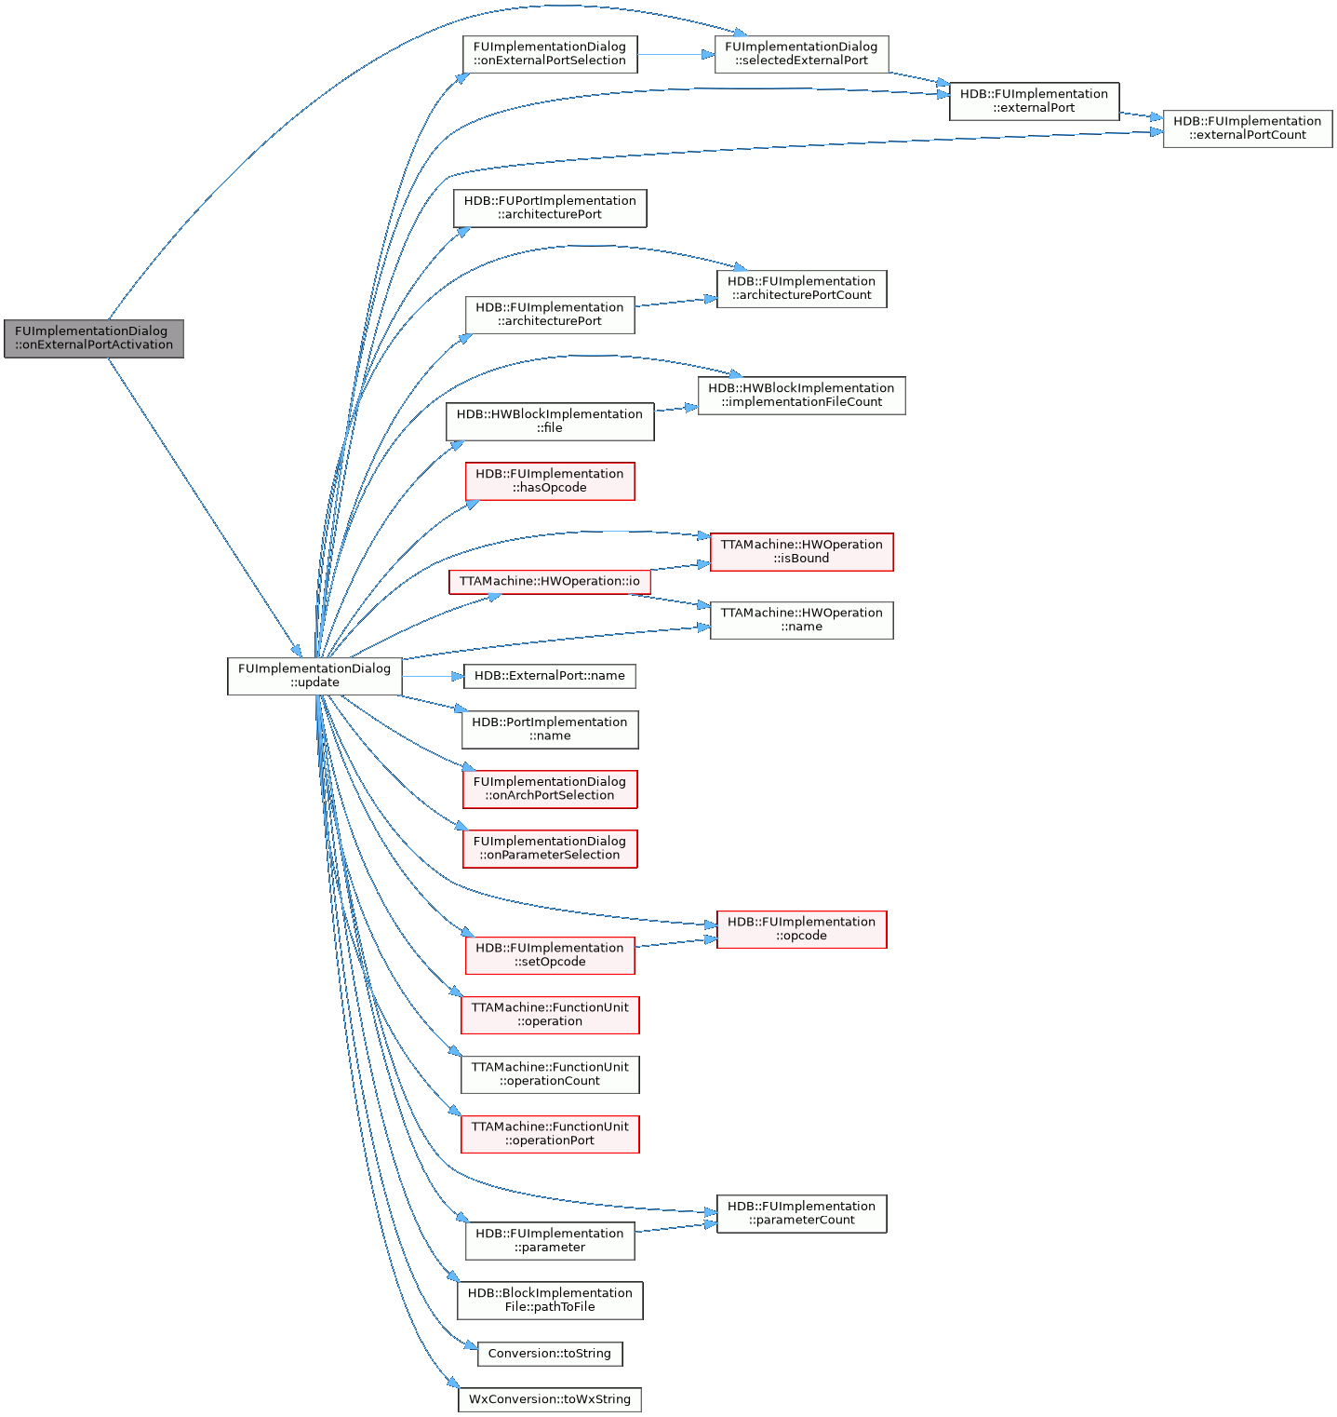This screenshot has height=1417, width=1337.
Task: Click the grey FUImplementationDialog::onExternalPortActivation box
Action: coord(94,338)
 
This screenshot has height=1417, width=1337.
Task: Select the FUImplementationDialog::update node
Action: coord(314,676)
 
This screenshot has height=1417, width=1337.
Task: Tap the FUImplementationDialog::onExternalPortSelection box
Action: coord(550,54)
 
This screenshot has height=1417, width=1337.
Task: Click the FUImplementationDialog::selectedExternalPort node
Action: coord(801,54)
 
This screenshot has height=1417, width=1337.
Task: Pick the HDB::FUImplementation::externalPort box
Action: coord(1034,101)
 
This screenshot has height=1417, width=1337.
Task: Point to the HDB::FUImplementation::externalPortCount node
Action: coord(1247,128)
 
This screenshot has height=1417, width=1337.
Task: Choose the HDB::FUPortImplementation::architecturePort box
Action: coord(550,208)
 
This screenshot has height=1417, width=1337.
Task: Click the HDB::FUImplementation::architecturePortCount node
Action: coord(801,289)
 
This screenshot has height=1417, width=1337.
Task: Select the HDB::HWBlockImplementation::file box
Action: coord(550,422)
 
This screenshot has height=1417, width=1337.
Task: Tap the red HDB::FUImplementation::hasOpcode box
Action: coord(550,481)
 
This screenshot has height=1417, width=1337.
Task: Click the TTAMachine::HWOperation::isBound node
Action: coord(801,552)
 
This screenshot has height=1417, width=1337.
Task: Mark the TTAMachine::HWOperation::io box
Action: coord(550,582)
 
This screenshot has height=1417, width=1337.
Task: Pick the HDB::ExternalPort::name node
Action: coord(550,676)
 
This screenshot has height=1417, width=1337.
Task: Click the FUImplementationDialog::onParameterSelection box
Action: coord(550,848)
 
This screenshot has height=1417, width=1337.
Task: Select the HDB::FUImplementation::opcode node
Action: coord(801,929)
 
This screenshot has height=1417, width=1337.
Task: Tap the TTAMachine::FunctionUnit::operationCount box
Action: coord(550,1074)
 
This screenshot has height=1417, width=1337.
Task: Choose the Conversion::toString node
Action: coord(550,1354)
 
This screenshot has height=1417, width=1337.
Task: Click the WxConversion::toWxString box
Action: coord(550,1399)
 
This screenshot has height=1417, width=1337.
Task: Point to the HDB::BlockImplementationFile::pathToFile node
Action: coord(550,1300)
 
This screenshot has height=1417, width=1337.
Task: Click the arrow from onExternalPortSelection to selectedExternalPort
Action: coord(675,54)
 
